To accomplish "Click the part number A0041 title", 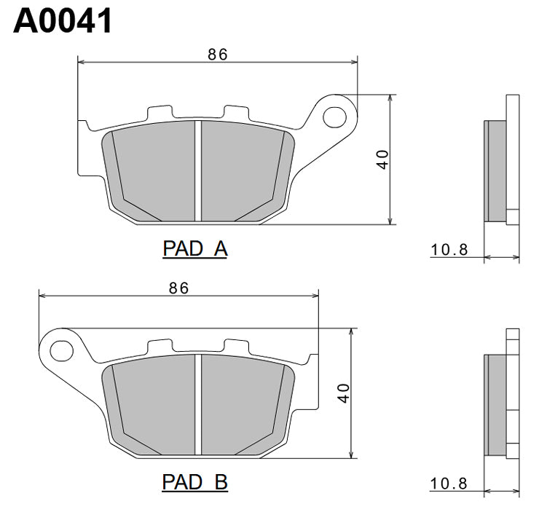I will (x=63, y=21).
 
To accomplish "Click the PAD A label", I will (x=194, y=249).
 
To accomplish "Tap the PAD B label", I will (x=194, y=482).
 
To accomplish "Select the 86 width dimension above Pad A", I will (x=218, y=55).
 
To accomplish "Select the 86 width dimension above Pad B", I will (x=178, y=288).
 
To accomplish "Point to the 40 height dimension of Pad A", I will (x=382, y=159).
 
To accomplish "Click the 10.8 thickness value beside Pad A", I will (x=449, y=250).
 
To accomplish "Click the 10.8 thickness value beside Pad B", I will (x=449, y=484).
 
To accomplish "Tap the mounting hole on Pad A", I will (x=337, y=115).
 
